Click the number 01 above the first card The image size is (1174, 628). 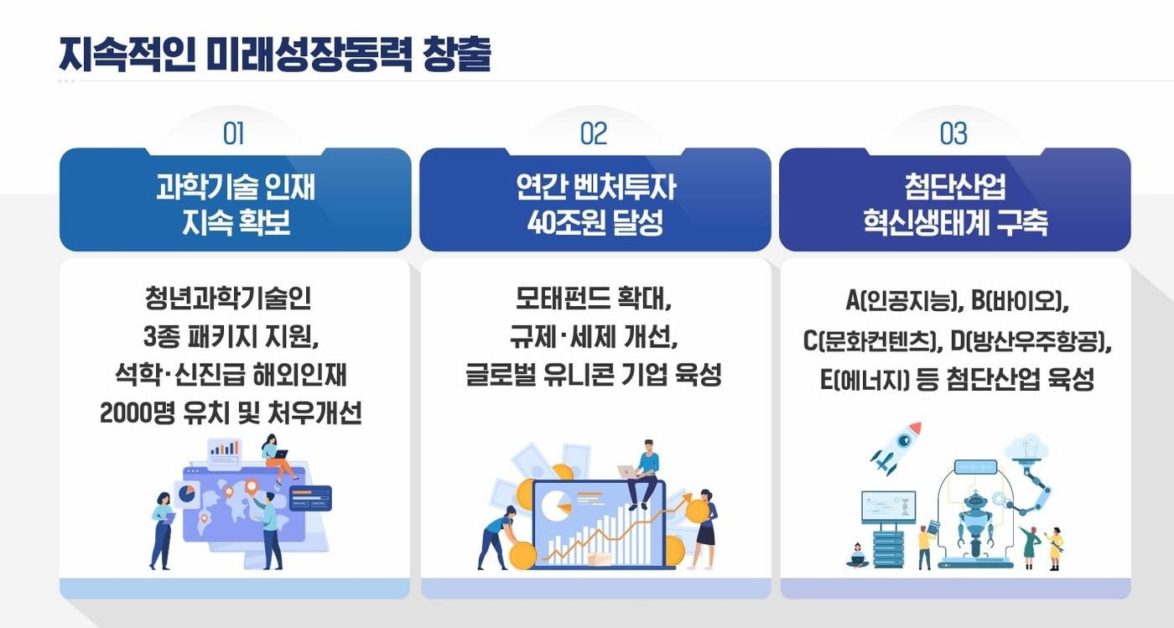pos(233,133)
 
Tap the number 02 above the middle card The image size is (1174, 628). pos(594,133)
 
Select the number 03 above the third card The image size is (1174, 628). pos(953,133)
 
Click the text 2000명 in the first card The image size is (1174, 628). pos(135,413)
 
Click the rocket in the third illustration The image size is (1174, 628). pos(896,446)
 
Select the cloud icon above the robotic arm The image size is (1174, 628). pos(1026,448)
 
